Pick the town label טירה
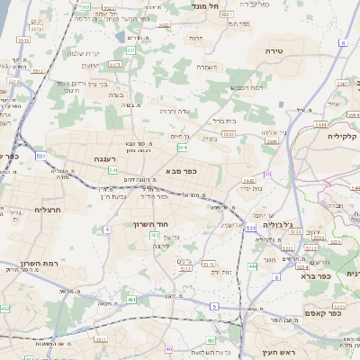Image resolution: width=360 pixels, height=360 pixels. (274, 51)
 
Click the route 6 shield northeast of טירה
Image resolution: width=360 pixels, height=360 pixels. (344, 42)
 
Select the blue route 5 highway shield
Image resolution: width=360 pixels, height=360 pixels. (215, 306)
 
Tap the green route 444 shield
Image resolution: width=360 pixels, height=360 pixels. (253, 266)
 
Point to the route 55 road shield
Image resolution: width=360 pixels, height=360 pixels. (267, 173)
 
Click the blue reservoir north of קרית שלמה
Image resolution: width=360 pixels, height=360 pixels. (121, 37)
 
